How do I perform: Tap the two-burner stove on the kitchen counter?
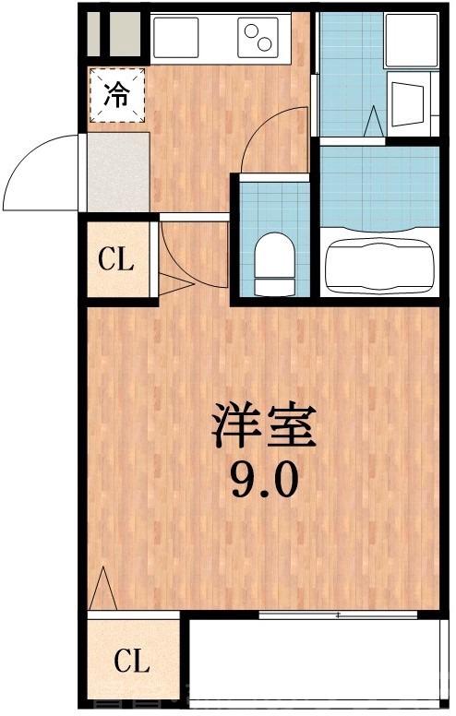coord(259,37)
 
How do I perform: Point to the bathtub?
coord(379,263)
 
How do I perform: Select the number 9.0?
coord(264,480)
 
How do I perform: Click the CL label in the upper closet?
coord(117,259)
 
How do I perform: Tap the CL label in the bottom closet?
coord(132,661)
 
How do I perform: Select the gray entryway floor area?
coord(118,173)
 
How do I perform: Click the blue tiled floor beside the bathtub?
coord(379,185)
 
